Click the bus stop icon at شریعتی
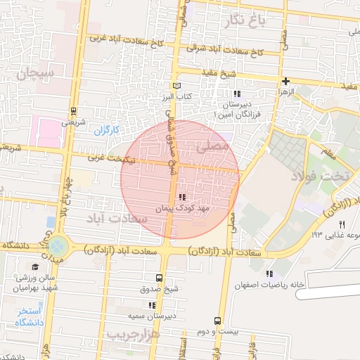click(x=74, y=110)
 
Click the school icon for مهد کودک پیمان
click(x=183, y=198)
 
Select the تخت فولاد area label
click(x=333, y=177)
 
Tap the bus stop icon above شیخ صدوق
click(x=159, y=278)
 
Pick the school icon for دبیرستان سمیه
click(x=151, y=305)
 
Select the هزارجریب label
click(x=134, y=335)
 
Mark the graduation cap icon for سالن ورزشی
click(x=35, y=266)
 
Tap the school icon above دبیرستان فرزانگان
click(x=238, y=94)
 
